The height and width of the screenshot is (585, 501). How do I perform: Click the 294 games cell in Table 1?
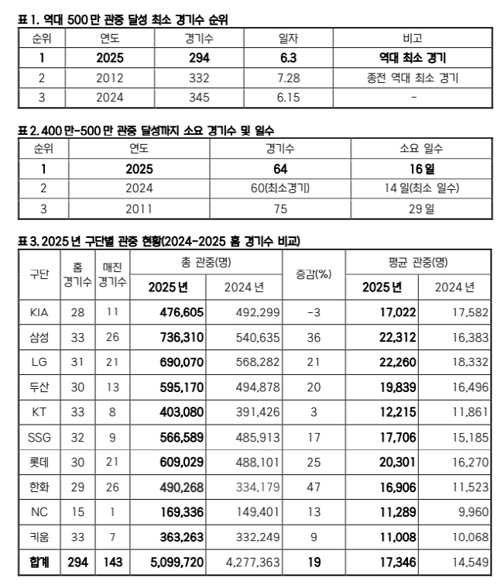tap(199, 58)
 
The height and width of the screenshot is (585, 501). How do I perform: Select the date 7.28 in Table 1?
tap(289, 78)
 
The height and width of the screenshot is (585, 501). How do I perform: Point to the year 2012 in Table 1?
tap(110, 78)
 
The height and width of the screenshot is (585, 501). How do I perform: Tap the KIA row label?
tap(39, 311)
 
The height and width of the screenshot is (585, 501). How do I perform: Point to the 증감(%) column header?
tap(314, 274)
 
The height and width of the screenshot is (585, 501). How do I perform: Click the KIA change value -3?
tap(314, 311)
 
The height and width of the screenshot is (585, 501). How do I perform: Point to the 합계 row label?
tap(38, 560)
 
